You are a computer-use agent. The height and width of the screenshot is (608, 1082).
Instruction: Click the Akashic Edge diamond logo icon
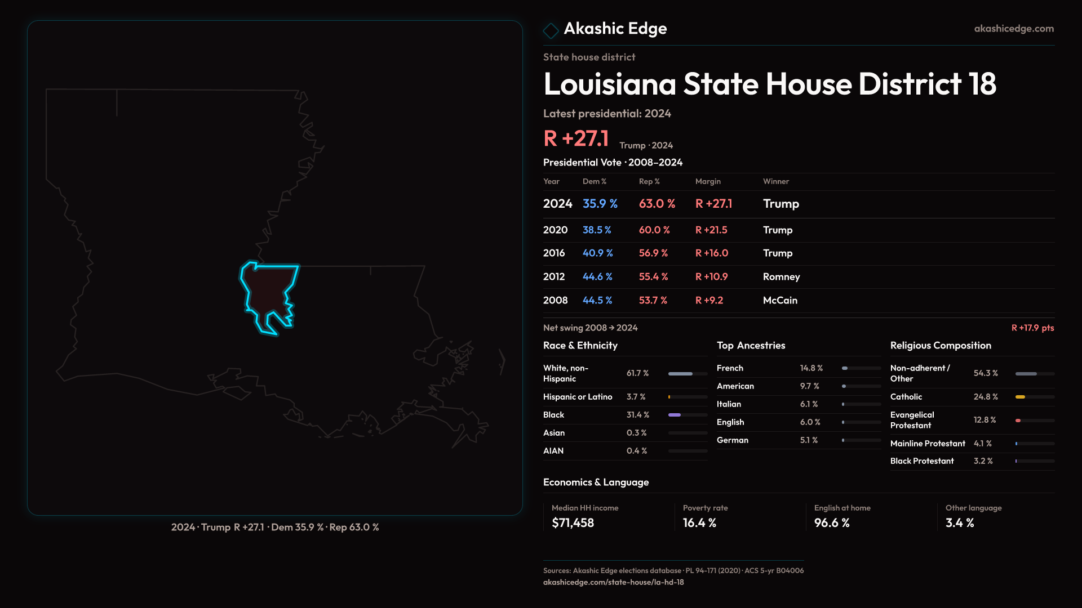551,30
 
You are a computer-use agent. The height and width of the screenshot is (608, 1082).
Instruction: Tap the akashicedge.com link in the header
1014,29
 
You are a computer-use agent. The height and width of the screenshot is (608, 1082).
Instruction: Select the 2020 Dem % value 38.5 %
597,230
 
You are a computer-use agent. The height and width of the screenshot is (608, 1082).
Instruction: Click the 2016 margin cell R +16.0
712,253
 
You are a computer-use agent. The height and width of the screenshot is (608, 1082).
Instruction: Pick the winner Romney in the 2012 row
781,277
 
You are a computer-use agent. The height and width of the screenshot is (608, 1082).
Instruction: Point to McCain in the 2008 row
780,301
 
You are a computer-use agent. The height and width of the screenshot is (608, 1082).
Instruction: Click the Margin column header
708,181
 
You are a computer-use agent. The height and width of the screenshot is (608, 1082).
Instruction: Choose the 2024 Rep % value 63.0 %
657,204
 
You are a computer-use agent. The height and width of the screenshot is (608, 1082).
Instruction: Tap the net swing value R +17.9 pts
1032,328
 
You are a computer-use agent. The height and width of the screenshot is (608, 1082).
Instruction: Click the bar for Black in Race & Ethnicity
675,415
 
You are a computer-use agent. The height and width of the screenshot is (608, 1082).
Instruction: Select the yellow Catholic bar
1021,397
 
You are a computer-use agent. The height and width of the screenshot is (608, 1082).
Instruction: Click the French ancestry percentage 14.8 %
812,368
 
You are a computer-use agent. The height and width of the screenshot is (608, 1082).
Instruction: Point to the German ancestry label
733,440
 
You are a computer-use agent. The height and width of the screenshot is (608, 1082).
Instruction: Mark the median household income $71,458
573,523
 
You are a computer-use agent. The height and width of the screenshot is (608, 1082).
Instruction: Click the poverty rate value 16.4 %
699,523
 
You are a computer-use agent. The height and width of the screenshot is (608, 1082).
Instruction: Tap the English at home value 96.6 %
832,523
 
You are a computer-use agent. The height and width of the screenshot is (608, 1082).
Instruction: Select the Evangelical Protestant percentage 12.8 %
985,420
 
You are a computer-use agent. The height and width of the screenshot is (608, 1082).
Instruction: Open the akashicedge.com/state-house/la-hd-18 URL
613,582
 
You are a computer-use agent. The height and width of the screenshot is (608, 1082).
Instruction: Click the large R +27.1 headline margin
576,138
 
